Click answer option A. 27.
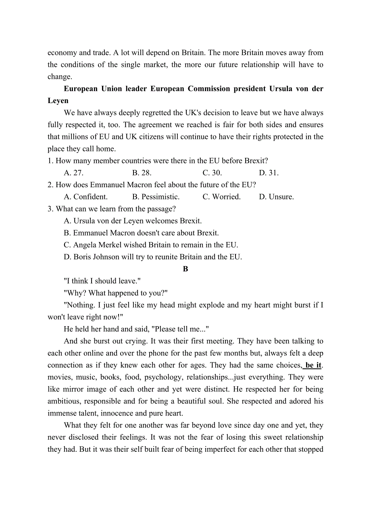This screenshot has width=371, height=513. tap(73, 173)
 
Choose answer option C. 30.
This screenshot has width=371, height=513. tap(212, 173)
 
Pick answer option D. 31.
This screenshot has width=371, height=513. tap(269, 173)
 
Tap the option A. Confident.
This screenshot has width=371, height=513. tap(85, 197)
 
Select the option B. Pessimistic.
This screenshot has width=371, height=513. tap(156, 197)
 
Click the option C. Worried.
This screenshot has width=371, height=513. tap(221, 197)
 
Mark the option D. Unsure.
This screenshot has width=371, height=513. tap(276, 197)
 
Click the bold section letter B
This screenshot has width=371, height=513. tap(185, 269)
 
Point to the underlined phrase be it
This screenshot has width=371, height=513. tap(313, 365)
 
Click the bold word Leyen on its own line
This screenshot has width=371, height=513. tap(58, 101)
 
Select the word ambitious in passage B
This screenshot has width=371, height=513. tap(64, 401)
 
